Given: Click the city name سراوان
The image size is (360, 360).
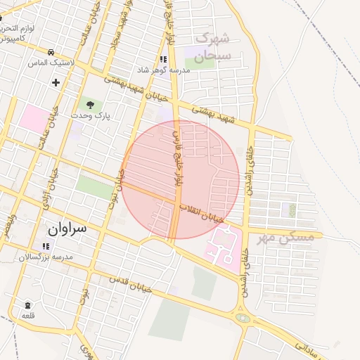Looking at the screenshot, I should click(x=67, y=229).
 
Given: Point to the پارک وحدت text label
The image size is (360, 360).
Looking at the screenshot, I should click(x=89, y=115).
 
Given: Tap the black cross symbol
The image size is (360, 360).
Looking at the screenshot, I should click(x=55, y=82).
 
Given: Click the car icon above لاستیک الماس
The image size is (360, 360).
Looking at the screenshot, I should click(x=51, y=53).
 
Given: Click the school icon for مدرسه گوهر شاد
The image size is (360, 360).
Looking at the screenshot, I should click(x=163, y=60).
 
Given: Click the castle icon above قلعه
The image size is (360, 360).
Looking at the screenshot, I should click(x=27, y=305).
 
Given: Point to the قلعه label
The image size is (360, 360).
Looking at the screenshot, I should click(x=27, y=315).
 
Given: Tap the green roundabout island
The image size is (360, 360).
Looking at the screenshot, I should click(x=243, y=318).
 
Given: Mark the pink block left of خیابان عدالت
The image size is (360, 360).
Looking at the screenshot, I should click(x=34, y=117).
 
